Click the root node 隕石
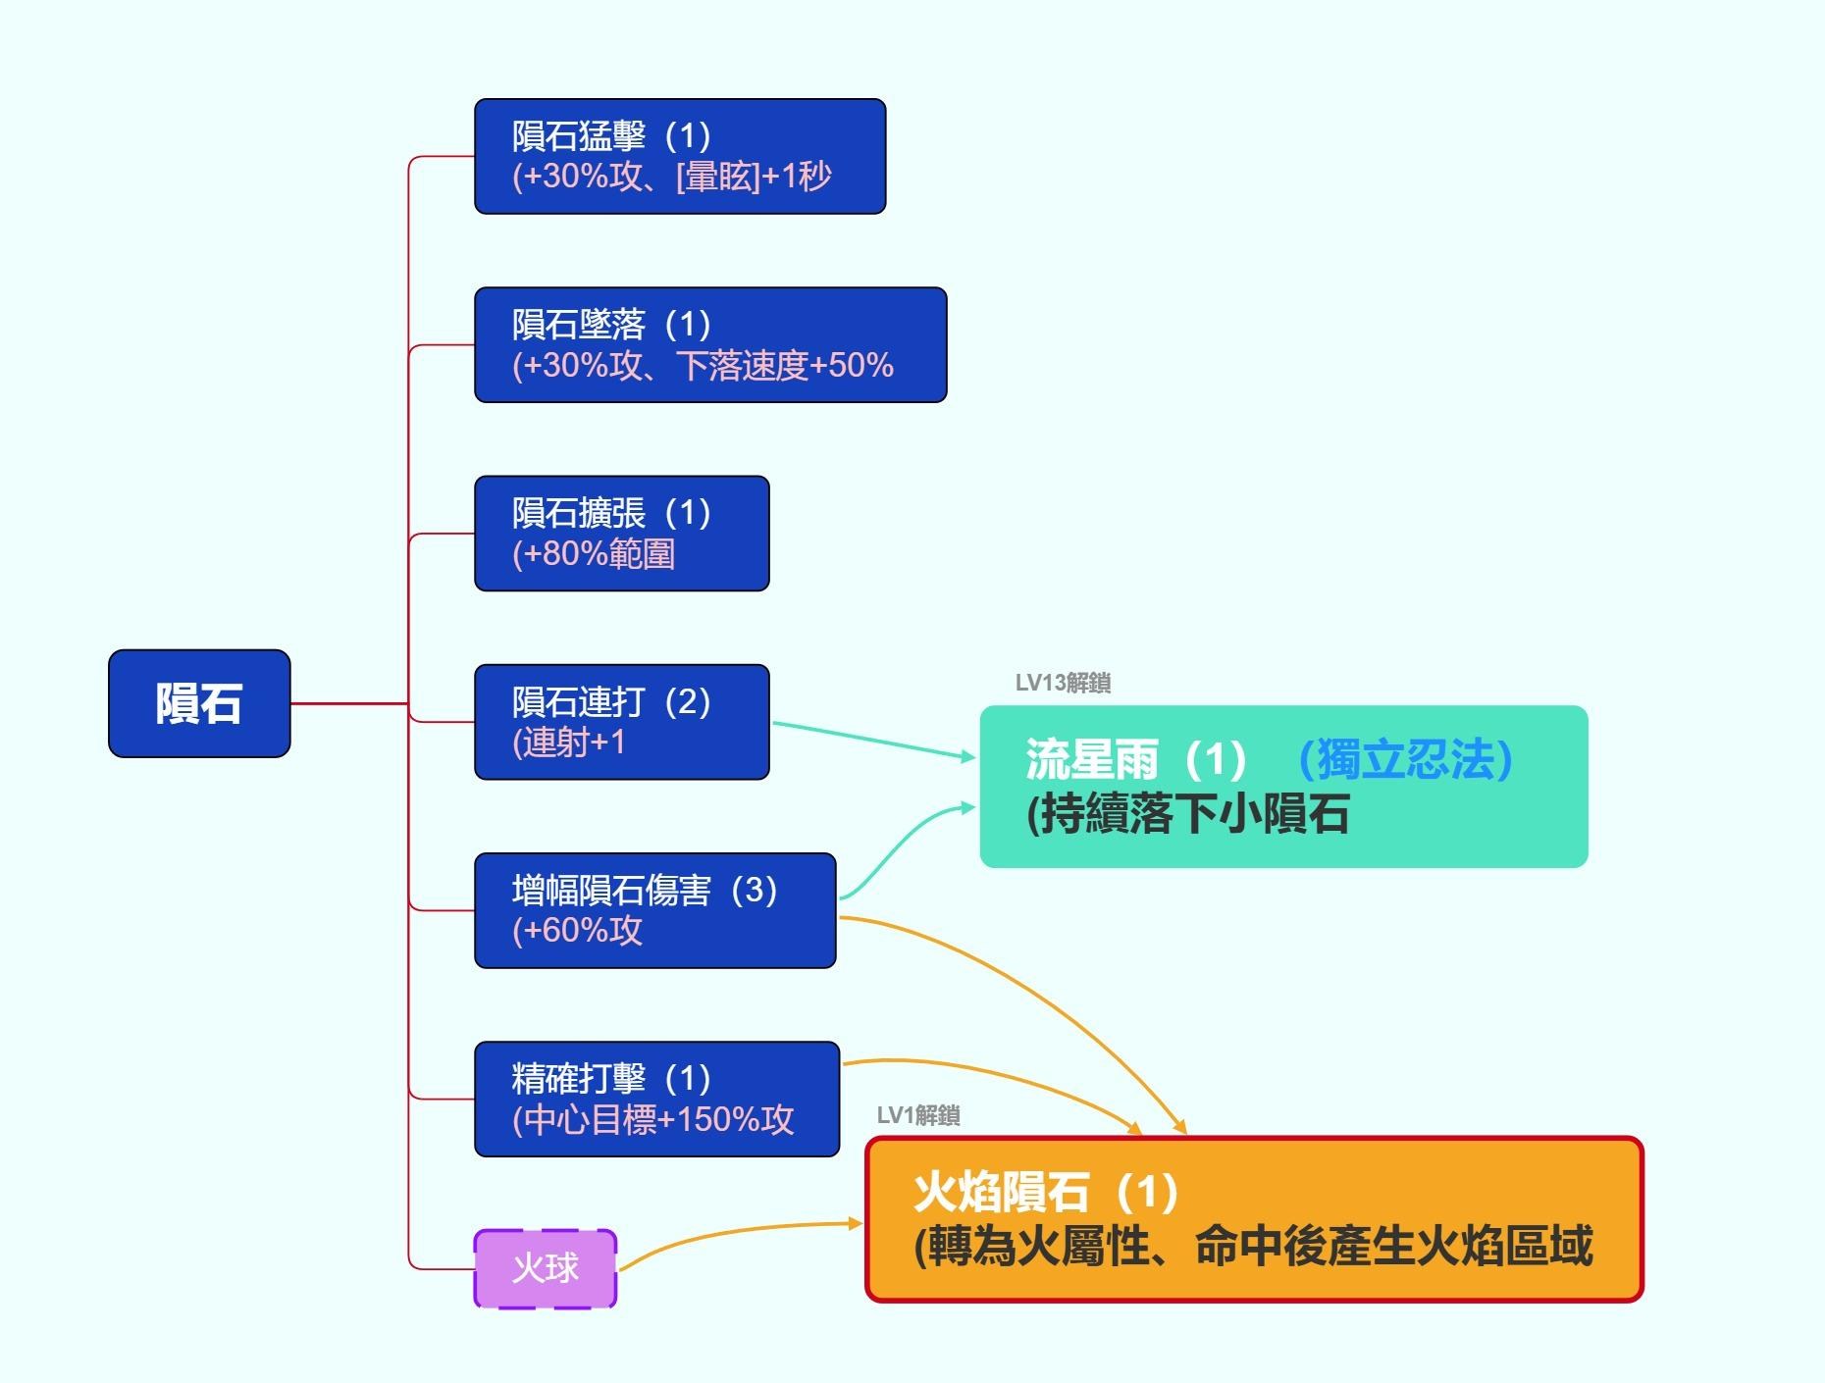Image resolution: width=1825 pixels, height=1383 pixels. pos(199,703)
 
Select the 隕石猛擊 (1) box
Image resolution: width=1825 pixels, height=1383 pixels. pos(680,156)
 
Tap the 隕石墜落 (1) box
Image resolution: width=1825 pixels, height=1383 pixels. pos(710,344)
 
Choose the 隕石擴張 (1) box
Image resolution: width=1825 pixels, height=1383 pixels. pos(622,534)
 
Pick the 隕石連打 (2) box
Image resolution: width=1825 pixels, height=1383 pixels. pos(622,722)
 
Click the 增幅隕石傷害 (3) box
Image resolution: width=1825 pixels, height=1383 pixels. pos(655,910)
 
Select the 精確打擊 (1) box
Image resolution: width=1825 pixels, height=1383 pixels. pos(657,1099)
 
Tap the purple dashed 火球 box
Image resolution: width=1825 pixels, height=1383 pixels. pos(546,1268)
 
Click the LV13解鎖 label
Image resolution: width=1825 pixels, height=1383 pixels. pos(1063,683)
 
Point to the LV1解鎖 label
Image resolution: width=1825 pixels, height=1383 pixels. pos(918,1115)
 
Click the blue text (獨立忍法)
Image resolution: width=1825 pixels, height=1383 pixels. pos(1405,759)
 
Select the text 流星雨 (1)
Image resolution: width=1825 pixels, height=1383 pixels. pos(1136,759)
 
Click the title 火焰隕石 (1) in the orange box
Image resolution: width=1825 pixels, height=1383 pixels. pos(1046,1192)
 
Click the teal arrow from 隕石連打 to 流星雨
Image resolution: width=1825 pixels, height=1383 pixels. pos(874,741)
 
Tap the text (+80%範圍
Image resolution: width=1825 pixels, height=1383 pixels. pos(594,554)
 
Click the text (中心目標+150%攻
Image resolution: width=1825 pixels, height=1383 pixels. pos(652,1119)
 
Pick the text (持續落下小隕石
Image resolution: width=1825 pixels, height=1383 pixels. pos(1187,814)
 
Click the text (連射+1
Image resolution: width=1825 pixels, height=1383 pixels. pos(568,743)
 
